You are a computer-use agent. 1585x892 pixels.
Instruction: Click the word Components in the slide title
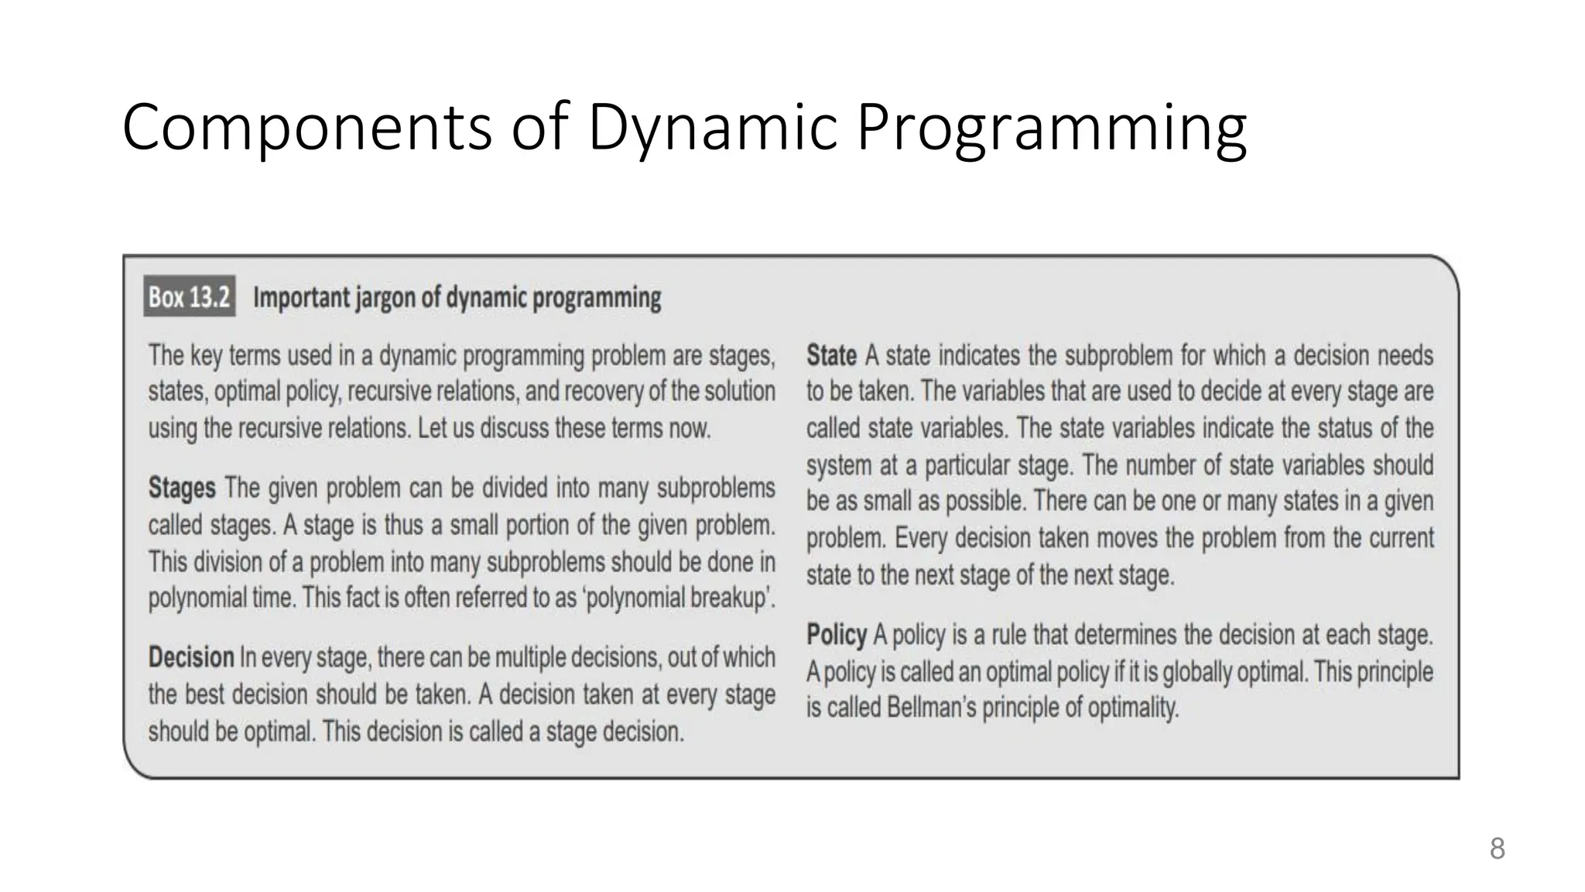click(307, 127)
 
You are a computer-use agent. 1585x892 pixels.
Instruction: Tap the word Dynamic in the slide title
click(712, 127)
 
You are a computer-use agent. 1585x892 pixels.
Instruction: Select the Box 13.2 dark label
click(190, 297)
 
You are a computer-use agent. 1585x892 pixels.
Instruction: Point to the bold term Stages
click(182, 488)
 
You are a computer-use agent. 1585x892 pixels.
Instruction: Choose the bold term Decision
click(191, 657)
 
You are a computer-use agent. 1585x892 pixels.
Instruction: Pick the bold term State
click(831, 355)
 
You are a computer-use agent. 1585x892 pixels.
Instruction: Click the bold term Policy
click(837, 635)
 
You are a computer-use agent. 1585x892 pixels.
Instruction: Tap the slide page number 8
click(1497, 849)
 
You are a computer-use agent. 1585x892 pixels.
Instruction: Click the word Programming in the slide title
click(1051, 127)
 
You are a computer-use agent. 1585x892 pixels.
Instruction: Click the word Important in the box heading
click(302, 297)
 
